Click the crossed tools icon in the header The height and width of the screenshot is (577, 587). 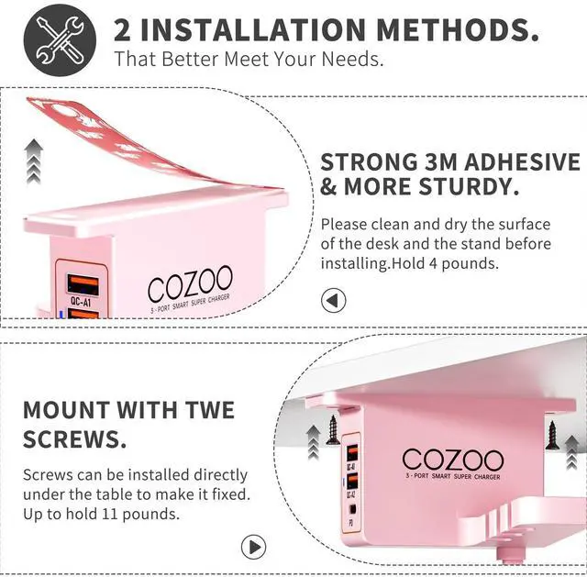point(60,40)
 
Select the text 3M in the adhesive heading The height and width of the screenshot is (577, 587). point(440,161)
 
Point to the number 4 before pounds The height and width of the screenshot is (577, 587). point(433,263)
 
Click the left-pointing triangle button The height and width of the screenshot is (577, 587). point(333,300)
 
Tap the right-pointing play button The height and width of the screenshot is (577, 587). point(253,547)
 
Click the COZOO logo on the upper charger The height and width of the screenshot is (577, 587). point(190,283)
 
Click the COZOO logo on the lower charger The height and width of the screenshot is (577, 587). point(453,460)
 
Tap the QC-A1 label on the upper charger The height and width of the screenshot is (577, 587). point(81,302)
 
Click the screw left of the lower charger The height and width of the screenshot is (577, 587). point(332,430)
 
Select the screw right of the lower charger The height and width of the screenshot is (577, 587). point(552,435)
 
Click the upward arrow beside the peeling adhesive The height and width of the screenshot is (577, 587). point(34,161)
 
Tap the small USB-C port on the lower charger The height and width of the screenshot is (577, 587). point(352,509)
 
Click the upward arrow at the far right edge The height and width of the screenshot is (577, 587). point(572,452)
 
